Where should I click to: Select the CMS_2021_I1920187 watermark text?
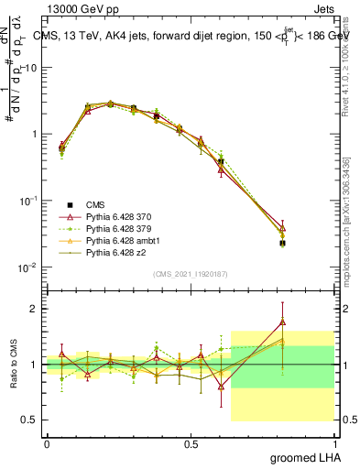pos(190,273)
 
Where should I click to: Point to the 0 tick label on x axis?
pos(47,443)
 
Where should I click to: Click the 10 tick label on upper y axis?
pos(31,67)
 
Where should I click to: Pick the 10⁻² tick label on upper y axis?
pos(29,267)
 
